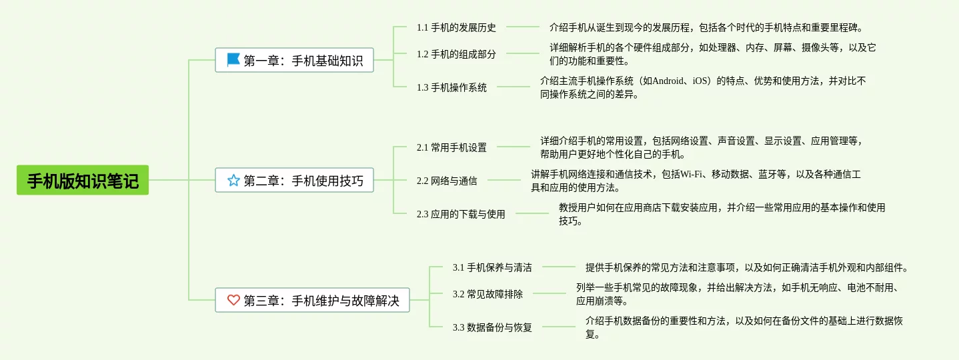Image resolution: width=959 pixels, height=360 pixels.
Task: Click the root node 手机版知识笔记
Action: pos(82,180)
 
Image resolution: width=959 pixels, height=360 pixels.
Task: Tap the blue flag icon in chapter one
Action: pos(233,60)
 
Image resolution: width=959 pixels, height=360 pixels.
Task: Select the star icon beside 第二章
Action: pos(233,180)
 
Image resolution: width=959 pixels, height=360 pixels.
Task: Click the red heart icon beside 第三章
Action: pos(233,300)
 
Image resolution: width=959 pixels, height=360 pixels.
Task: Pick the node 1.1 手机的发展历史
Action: pos(456,27)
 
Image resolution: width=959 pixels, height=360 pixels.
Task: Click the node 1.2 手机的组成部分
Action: pos(456,54)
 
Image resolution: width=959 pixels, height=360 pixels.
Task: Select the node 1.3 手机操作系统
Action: pos(451,87)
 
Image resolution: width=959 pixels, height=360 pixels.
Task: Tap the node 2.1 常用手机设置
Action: pos(451,147)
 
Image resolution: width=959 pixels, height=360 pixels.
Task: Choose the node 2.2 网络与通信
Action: pos(447,181)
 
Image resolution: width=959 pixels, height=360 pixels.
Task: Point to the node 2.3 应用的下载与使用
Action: pos(461,214)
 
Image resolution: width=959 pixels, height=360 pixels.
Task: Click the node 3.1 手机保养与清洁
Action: pos(492,267)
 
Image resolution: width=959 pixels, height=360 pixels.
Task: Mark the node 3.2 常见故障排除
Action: pos(488,294)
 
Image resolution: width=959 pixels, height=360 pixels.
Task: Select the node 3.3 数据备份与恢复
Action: pos(492,327)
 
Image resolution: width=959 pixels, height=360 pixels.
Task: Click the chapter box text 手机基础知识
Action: pos(327,61)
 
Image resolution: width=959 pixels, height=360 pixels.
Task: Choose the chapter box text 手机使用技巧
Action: pos(327,181)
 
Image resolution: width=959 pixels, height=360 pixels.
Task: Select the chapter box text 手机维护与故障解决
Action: pos(345,301)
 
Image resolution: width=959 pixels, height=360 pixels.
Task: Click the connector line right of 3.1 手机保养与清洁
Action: pos(558,267)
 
